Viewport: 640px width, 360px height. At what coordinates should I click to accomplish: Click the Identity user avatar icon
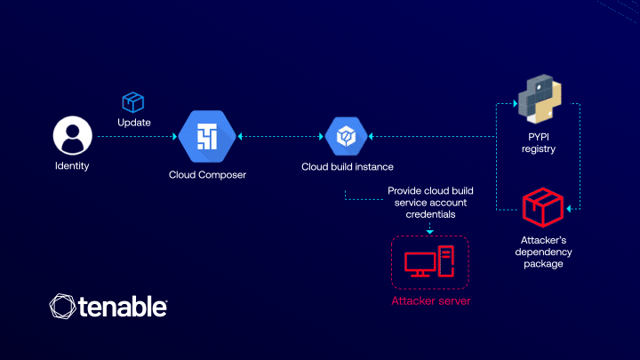(x=72, y=136)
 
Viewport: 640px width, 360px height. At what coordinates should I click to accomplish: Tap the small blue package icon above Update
(x=132, y=102)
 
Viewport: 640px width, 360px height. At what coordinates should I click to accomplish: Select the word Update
(x=134, y=122)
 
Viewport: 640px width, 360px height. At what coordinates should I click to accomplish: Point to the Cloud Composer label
(x=207, y=174)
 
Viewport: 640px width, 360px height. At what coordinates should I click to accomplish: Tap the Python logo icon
(x=538, y=100)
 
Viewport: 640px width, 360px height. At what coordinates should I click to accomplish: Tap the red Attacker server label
(x=431, y=300)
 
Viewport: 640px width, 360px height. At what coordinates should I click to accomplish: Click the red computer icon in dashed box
(x=430, y=262)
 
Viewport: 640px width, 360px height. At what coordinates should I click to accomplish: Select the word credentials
(x=428, y=215)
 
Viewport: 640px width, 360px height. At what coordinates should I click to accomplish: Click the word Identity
(x=72, y=166)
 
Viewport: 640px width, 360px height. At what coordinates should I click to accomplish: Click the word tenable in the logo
(x=123, y=308)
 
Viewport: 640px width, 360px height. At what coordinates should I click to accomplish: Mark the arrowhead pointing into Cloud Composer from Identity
(x=174, y=137)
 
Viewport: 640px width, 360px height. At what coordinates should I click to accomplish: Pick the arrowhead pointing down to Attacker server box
(x=430, y=232)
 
